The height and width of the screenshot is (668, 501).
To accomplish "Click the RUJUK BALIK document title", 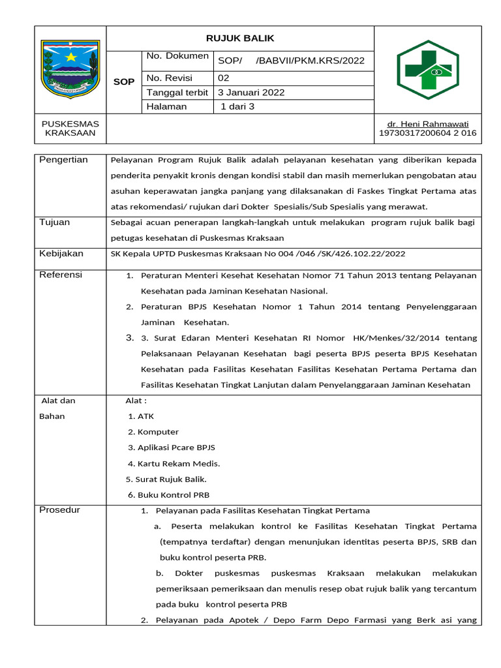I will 241,38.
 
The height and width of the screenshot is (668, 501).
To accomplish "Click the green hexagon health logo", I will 427,69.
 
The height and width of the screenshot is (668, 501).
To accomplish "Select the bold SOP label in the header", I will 124,82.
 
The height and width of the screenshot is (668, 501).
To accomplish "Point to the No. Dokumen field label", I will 177,57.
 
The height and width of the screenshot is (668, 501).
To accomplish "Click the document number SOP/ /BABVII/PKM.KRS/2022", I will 291,61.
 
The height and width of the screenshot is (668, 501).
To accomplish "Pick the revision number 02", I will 224,77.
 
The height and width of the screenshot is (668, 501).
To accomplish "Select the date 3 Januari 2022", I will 251,92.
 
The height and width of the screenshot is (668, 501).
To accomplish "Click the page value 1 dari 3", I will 238,106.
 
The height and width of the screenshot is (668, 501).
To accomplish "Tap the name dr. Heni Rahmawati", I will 428,124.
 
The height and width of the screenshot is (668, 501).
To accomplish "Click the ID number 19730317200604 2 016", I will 428,133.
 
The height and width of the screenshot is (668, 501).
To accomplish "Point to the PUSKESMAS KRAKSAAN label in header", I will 70,129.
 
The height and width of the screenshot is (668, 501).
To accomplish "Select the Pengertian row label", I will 63,160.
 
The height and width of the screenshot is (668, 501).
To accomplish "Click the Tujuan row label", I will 55,222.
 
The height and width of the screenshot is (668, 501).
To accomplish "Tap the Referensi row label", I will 61,275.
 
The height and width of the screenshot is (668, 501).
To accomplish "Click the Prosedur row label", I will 59,509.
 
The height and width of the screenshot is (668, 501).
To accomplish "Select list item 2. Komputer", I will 153,432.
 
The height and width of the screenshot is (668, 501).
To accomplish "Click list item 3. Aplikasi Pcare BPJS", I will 172,448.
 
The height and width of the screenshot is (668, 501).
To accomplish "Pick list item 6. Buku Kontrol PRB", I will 169,494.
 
